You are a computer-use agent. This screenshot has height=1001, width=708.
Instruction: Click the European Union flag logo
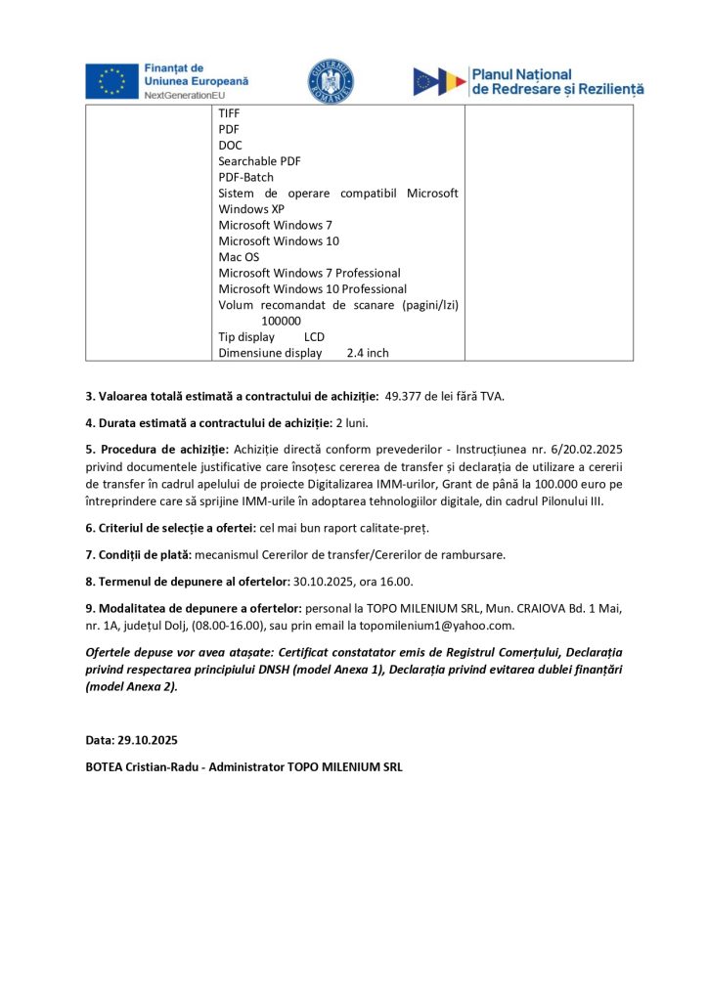click(111, 81)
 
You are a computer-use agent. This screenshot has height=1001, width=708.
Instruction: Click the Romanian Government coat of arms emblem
click(331, 81)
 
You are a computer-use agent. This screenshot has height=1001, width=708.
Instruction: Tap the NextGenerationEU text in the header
click(185, 95)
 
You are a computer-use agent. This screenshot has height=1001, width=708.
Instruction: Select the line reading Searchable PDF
click(259, 160)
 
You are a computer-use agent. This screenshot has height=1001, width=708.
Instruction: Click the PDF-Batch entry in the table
click(245, 177)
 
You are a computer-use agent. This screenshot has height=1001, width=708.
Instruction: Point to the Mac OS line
click(239, 257)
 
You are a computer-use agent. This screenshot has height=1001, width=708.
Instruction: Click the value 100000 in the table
click(281, 321)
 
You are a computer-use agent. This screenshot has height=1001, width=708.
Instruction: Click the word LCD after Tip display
click(314, 337)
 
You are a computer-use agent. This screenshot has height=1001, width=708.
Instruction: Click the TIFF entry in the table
click(229, 113)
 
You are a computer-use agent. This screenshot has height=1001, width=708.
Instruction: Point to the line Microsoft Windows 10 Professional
click(312, 289)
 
